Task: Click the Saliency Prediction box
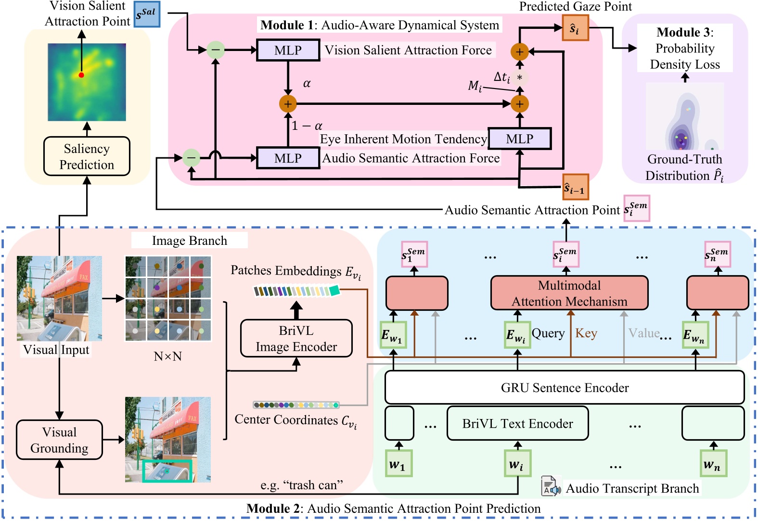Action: (x=87, y=156)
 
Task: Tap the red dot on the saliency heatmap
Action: (x=81, y=75)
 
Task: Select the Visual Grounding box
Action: (x=59, y=440)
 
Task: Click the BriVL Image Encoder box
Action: (x=296, y=339)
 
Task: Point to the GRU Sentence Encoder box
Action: (x=565, y=388)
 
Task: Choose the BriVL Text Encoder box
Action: (x=517, y=423)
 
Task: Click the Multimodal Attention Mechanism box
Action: (x=569, y=293)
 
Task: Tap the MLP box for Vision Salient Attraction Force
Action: (x=288, y=50)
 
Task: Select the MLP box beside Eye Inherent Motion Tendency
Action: (x=519, y=139)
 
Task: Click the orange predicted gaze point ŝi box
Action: (x=575, y=28)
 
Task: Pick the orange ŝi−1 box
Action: (x=575, y=187)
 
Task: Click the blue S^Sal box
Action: (x=147, y=14)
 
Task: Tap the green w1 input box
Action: (x=398, y=463)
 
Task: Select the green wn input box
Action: (x=713, y=463)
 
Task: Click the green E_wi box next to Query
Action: (x=517, y=335)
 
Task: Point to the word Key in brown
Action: (x=586, y=333)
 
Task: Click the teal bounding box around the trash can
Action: (x=167, y=470)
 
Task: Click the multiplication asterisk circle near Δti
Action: (x=519, y=77)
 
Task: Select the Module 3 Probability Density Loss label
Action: (x=685, y=48)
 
